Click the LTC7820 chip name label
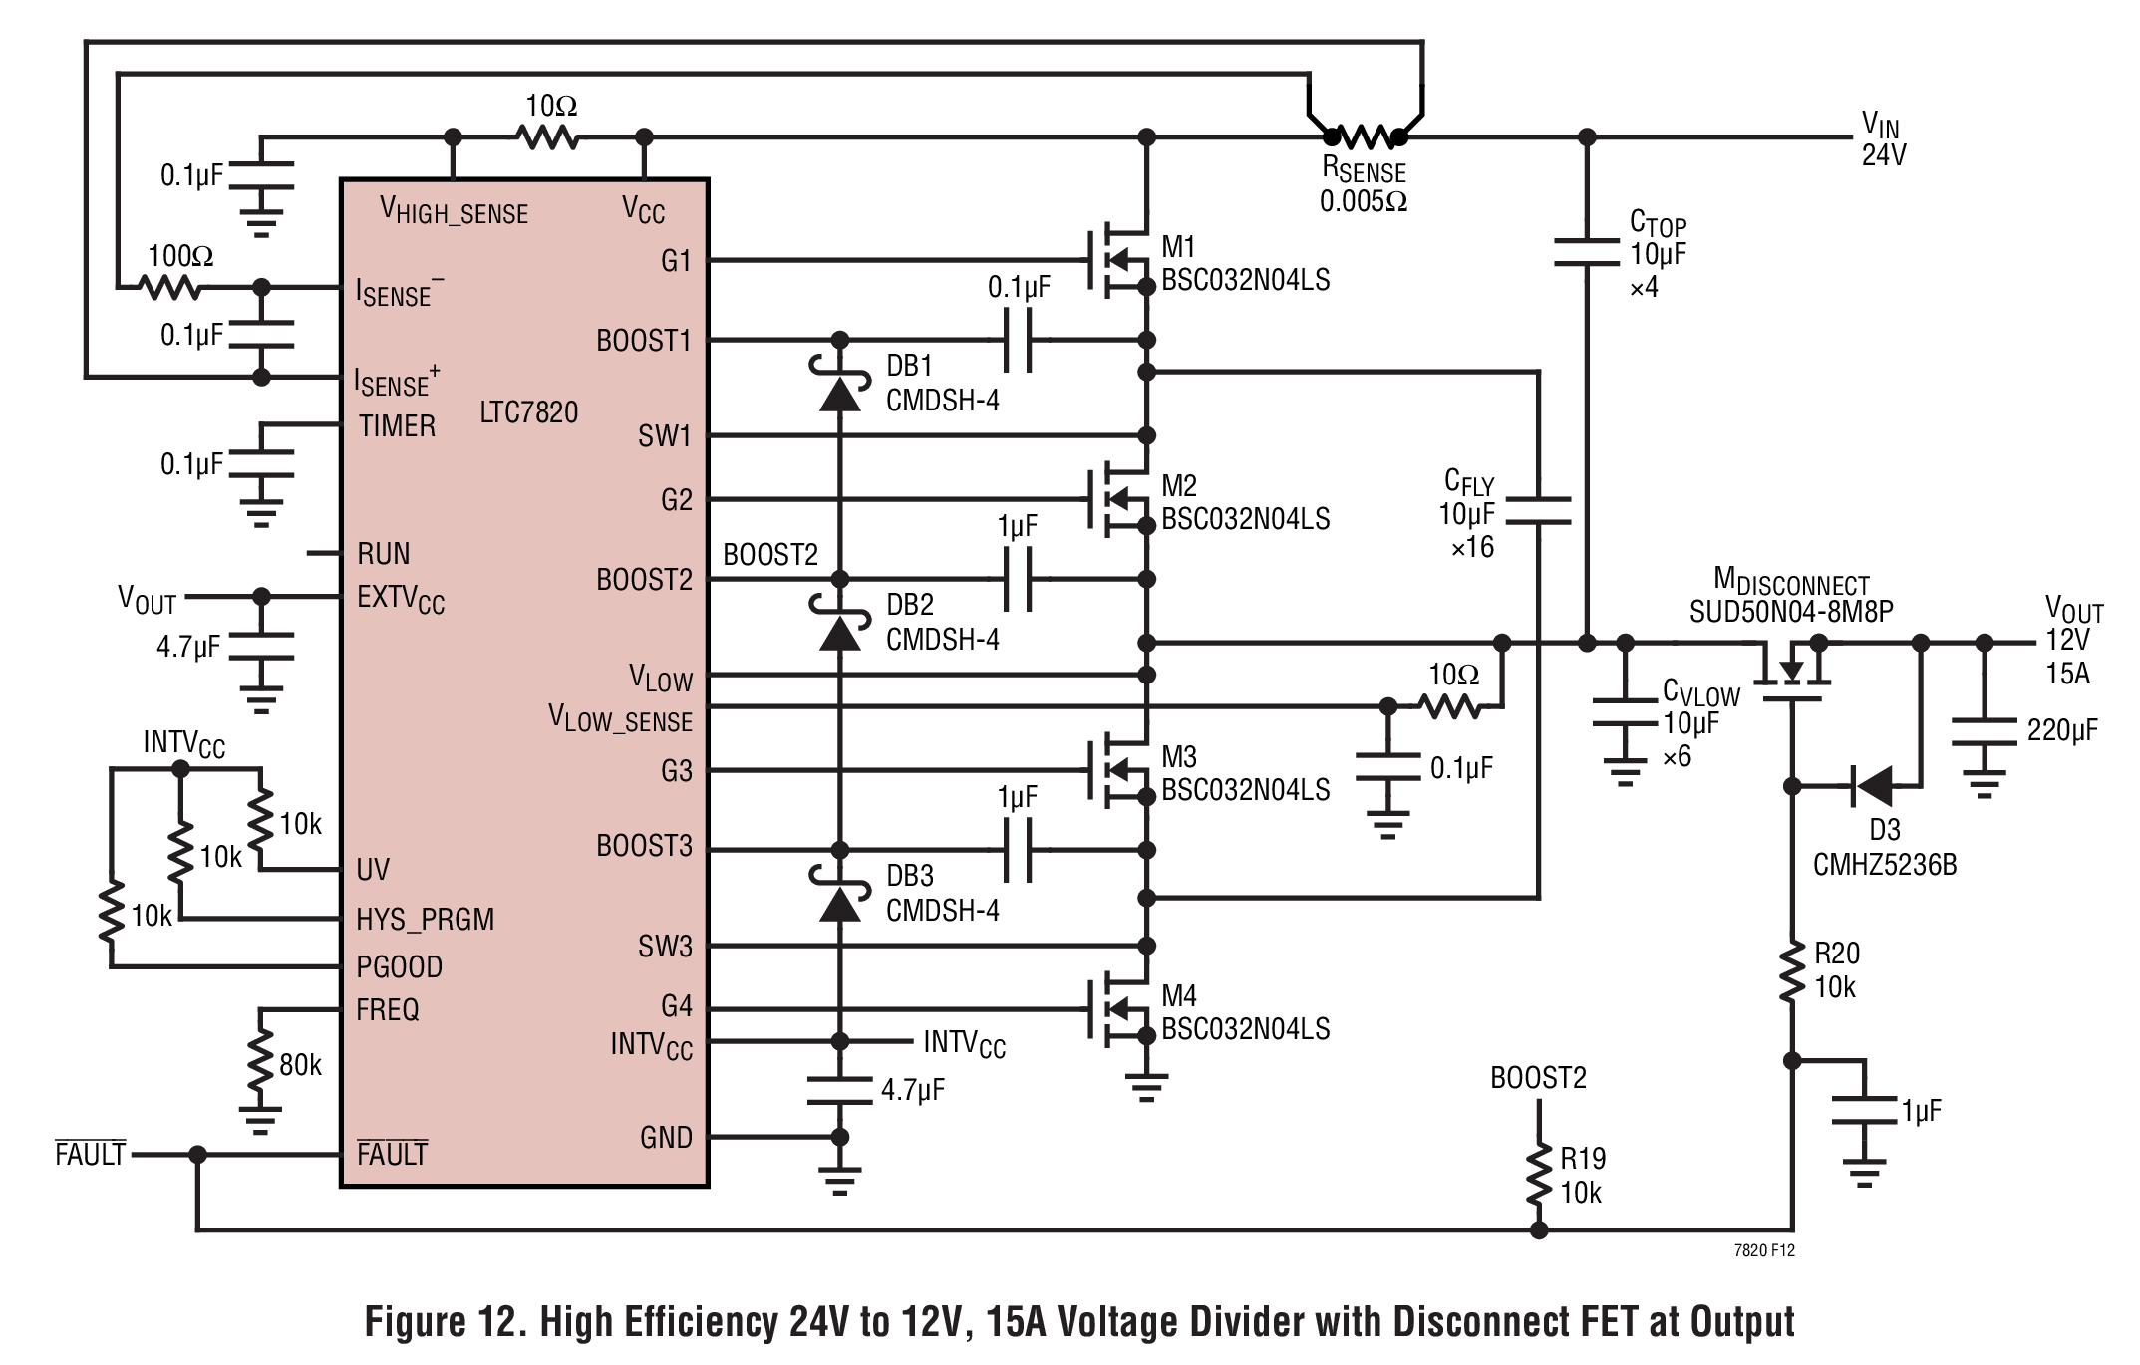(528, 411)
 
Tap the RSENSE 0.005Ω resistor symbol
(1365, 136)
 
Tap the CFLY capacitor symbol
(1538, 510)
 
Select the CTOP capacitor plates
(1587, 252)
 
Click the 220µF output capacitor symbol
(1984, 733)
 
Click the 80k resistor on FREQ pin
(261, 1064)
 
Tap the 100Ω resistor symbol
(171, 288)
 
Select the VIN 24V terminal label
(1883, 139)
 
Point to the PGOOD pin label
(400, 966)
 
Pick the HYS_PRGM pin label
(426, 919)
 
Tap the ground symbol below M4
(1146, 1087)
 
